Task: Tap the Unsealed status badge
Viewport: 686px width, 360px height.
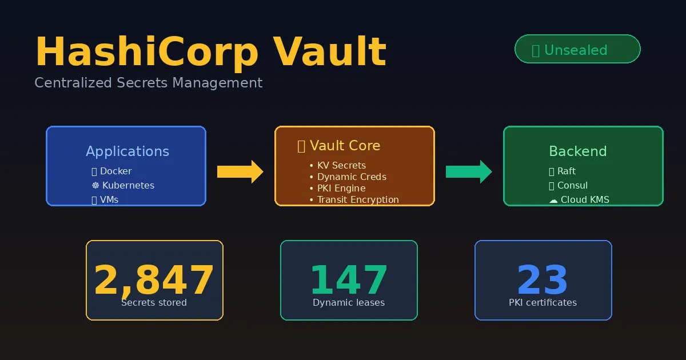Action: [577, 49]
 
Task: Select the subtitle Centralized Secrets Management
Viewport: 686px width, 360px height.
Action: [148, 83]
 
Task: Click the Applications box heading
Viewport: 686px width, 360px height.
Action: [127, 151]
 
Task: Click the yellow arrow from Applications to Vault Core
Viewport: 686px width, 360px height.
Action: [240, 171]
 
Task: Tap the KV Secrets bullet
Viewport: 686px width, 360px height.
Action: [341, 165]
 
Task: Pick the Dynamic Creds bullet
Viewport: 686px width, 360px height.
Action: [351, 177]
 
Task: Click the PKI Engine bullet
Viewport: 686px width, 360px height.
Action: [341, 188]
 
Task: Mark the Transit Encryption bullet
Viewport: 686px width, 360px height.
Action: [357, 199]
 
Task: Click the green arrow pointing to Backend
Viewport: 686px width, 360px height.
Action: [468, 171]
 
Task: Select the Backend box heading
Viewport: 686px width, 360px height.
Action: [577, 151]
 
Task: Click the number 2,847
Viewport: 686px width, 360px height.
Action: [154, 280]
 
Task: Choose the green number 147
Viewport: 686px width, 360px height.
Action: [348, 280]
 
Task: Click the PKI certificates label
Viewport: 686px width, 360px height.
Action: [543, 302]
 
